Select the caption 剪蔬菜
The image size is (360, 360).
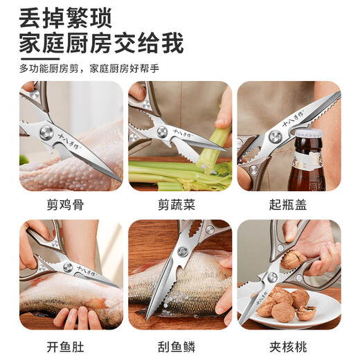pyautogui.click(x=179, y=205)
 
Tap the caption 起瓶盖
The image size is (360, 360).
pyautogui.click(x=289, y=205)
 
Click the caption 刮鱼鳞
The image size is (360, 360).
pyautogui.click(x=179, y=343)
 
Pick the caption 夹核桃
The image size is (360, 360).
pyautogui.click(x=289, y=343)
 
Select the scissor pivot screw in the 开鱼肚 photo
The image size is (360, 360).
pyautogui.click(x=67, y=267)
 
